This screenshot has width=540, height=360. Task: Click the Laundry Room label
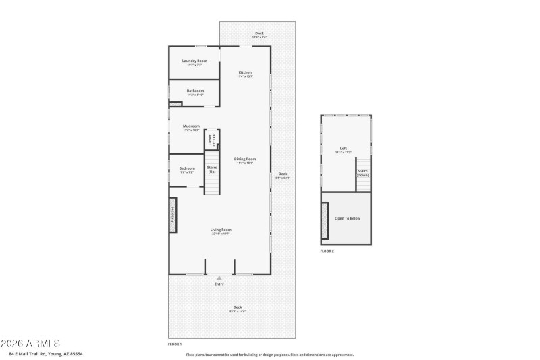[x=194, y=61]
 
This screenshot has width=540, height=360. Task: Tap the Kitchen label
[x=245, y=72]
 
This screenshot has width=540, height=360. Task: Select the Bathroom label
[x=195, y=91]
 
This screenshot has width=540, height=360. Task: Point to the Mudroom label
[x=191, y=126]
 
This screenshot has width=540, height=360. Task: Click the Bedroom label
[x=187, y=168]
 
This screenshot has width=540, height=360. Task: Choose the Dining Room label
[x=245, y=159]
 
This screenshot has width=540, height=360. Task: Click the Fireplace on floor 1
[x=173, y=215]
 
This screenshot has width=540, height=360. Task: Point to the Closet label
[x=211, y=140]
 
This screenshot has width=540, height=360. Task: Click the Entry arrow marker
[x=219, y=277]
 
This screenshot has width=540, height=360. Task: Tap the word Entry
[x=219, y=284]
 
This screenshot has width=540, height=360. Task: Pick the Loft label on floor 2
[x=344, y=148]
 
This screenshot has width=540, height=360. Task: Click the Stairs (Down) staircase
[x=363, y=174]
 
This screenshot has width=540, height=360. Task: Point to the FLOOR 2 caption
[x=327, y=251]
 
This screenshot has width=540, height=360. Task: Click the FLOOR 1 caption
[x=175, y=344]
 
